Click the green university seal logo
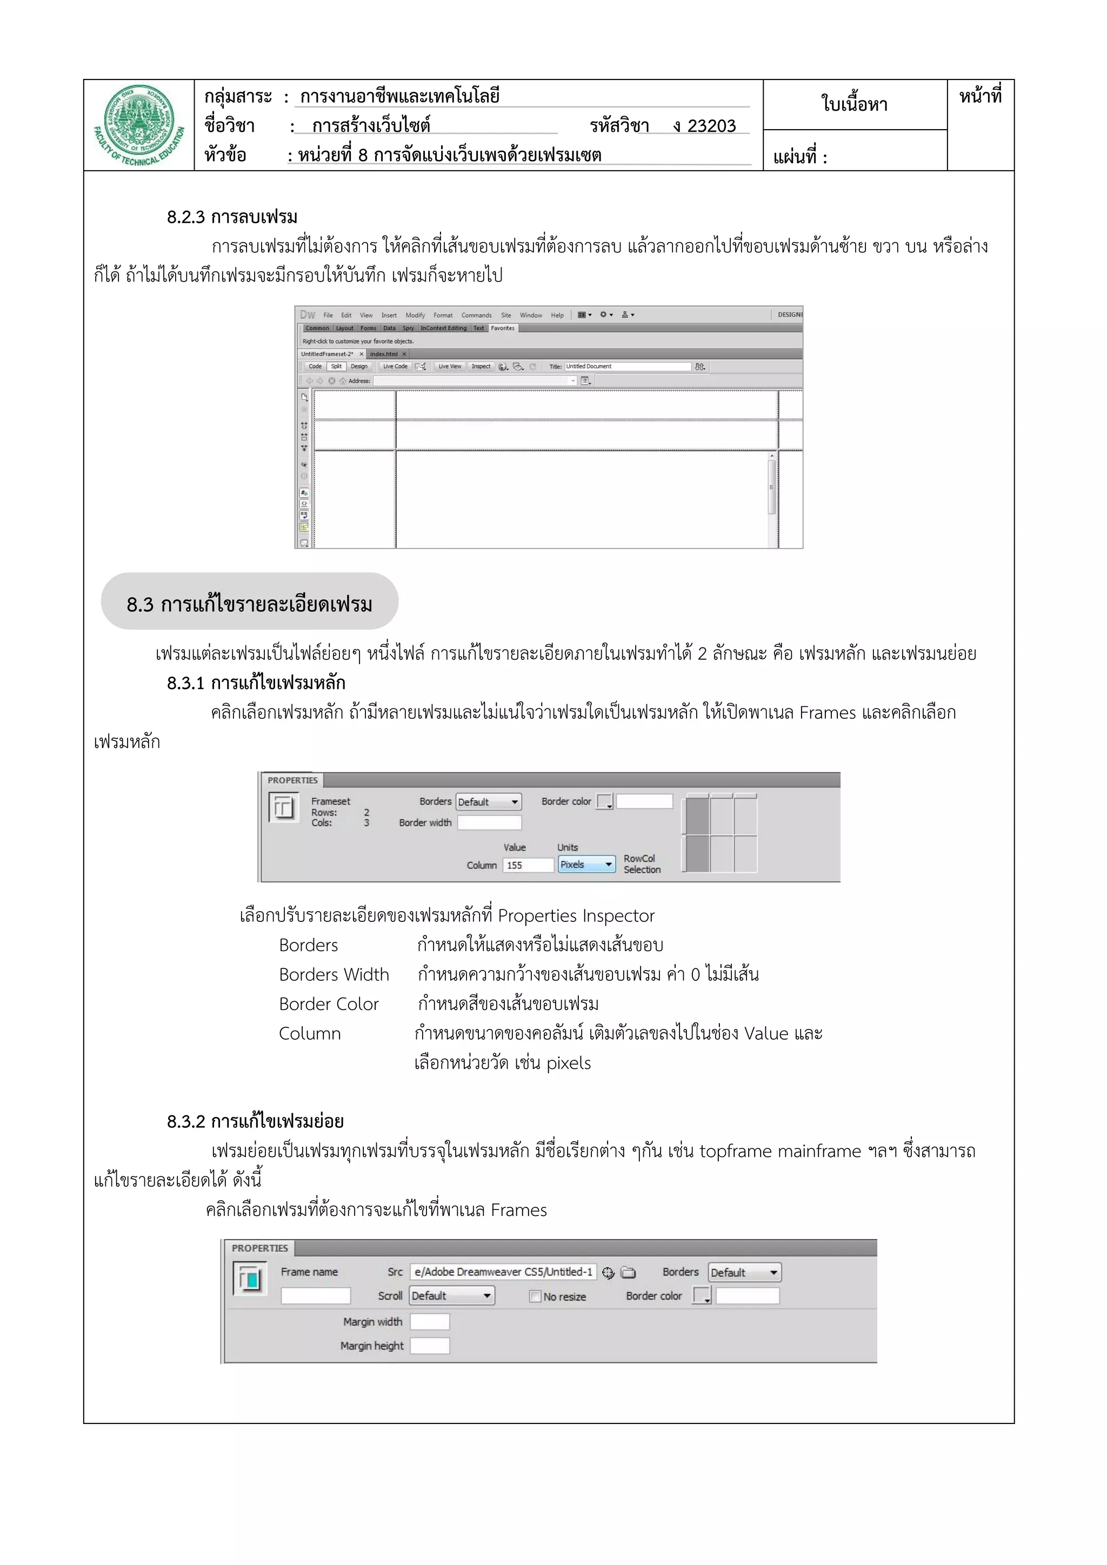click(139, 125)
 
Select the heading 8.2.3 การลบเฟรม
click(232, 217)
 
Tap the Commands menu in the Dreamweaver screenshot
click(476, 315)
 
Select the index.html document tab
click(384, 354)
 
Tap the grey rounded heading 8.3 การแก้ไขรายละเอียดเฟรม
click(250, 604)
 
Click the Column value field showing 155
click(528, 865)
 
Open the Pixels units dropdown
click(586, 864)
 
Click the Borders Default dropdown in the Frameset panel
click(488, 801)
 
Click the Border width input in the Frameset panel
click(489, 822)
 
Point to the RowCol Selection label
click(642, 864)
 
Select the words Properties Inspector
click(576, 915)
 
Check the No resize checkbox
click(535, 1296)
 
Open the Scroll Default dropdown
click(451, 1296)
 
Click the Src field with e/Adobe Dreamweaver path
click(503, 1272)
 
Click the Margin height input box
click(429, 1346)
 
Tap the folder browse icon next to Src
click(629, 1273)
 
